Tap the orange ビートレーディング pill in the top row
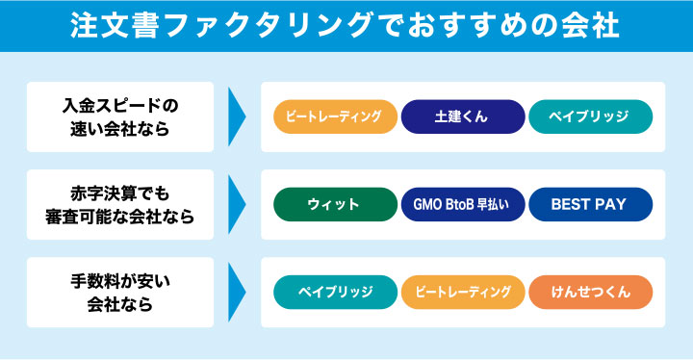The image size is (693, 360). [335, 116]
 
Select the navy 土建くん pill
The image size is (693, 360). [463, 116]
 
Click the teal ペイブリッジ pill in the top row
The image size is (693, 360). [590, 116]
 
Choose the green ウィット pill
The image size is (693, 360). [335, 204]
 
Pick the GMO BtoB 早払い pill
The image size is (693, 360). [463, 204]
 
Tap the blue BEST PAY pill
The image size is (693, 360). [590, 204]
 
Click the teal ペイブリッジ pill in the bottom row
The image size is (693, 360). [335, 292]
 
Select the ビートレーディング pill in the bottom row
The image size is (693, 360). [463, 292]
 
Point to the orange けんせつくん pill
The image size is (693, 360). [590, 292]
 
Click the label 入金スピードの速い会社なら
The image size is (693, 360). [120, 116]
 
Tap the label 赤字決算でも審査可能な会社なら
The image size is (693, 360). [120, 204]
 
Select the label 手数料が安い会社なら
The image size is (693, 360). [120, 292]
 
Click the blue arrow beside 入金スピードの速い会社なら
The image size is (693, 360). [237, 116]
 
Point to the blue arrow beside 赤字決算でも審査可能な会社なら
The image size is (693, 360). [237, 204]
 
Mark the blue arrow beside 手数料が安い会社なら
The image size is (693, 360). [237, 292]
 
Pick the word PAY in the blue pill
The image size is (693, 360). [610, 204]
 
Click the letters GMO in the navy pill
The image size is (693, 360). [427, 204]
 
